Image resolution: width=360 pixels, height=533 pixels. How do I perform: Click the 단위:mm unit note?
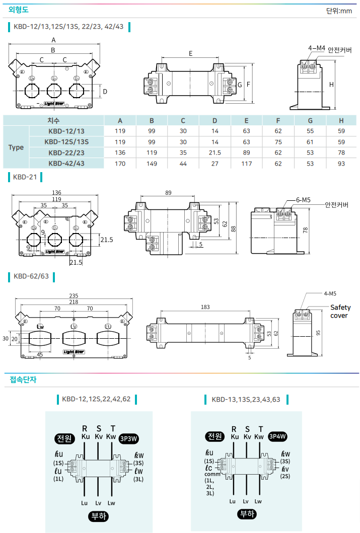point(339,11)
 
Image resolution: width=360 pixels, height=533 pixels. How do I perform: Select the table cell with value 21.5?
point(215,153)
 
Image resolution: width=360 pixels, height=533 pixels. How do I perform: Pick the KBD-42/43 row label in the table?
point(66,163)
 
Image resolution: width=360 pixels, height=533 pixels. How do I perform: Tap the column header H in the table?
point(341,121)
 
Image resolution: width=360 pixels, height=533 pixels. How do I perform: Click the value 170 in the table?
point(120,163)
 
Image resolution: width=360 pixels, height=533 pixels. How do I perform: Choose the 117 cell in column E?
point(246,163)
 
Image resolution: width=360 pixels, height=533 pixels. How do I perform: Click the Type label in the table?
point(16,147)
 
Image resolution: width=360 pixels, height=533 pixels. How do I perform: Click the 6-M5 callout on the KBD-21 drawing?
point(303,200)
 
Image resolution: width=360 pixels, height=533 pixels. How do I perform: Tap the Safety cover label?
point(340,312)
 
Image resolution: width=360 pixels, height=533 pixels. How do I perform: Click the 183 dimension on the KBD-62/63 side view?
point(205,307)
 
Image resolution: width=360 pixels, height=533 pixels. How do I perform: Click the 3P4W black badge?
point(277,436)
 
